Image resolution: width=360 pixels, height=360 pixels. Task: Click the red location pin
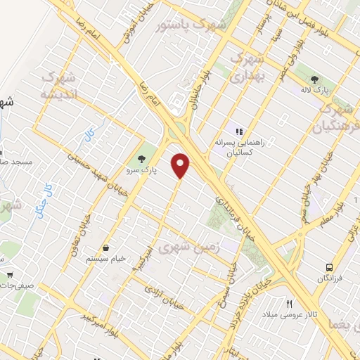click(181, 165)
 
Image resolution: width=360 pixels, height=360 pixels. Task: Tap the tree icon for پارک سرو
click(142, 158)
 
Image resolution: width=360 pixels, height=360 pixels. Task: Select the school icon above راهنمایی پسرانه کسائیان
click(239, 130)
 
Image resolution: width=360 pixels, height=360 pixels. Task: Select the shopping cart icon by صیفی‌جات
click(10, 274)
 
